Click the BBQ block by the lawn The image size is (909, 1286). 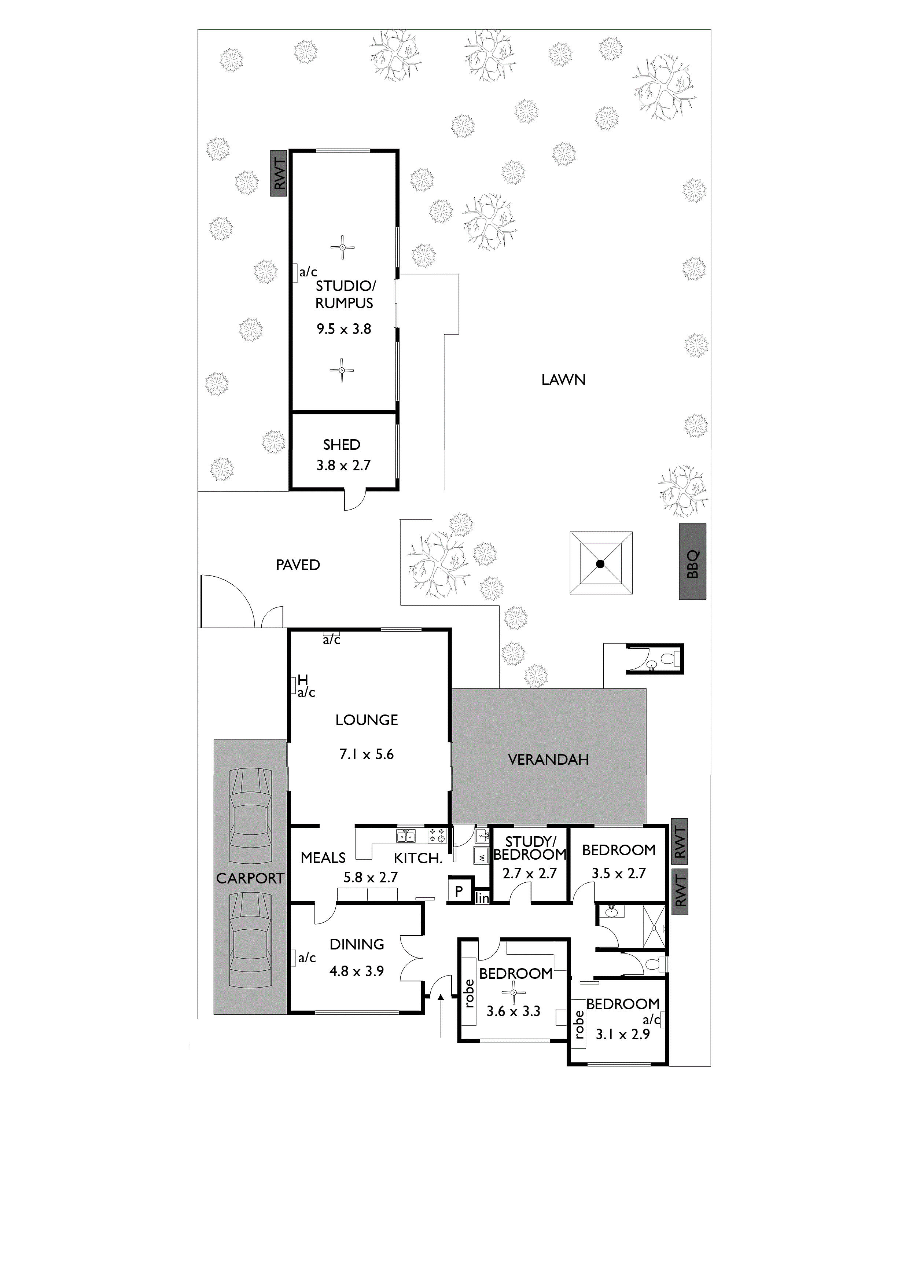pos(692,561)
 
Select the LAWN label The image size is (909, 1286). pos(563,380)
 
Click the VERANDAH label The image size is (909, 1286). pos(548,760)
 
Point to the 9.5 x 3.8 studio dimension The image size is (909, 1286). pos(344,329)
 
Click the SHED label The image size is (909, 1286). pos(342,445)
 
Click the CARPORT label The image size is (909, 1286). pos(250,878)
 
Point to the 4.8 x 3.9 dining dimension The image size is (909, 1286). pos(356,971)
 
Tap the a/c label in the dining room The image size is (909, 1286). pos(307,958)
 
